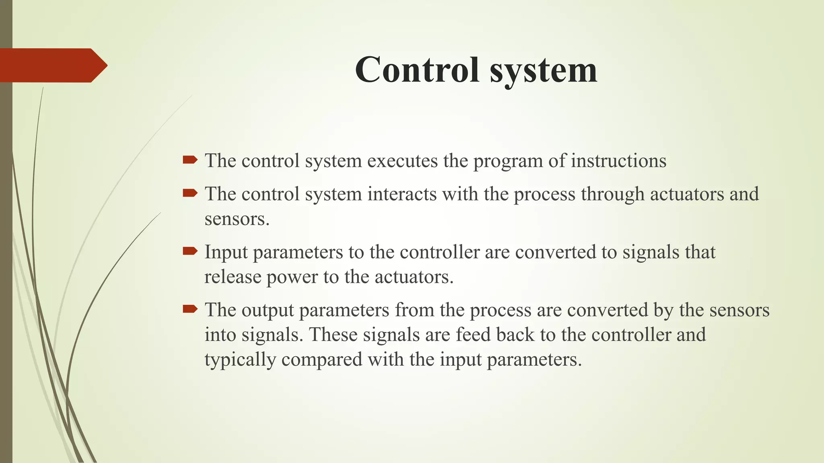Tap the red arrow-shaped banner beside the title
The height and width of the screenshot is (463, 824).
[x=52, y=66]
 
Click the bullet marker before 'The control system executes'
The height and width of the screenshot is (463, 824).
[x=190, y=160]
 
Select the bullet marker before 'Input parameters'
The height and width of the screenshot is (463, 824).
[x=190, y=252]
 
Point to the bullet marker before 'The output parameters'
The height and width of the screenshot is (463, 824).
[x=190, y=309]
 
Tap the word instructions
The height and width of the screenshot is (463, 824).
[x=619, y=161]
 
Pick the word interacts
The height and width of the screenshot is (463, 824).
[x=402, y=194]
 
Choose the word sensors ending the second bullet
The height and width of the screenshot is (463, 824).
[x=236, y=219]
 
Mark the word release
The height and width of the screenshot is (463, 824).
[x=233, y=277]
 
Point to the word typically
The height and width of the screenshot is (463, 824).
[x=240, y=360]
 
